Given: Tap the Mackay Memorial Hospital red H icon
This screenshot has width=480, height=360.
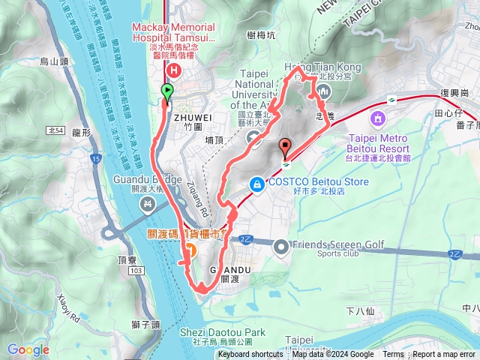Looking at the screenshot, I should click(174, 71).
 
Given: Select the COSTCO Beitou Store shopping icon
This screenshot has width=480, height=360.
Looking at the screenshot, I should click(256, 183).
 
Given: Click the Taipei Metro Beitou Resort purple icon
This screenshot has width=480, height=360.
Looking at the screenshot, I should click(377, 118).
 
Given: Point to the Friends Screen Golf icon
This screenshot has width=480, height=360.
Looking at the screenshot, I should click(281, 245).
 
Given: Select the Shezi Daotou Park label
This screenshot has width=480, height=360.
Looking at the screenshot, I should click(223, 331).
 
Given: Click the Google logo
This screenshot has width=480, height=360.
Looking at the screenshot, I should click(28, 349).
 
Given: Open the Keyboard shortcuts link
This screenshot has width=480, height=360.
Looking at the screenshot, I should click(250, 355).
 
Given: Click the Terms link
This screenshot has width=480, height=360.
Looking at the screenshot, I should click(393, 355).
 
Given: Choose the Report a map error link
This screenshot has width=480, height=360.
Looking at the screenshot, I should click(443, 355).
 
